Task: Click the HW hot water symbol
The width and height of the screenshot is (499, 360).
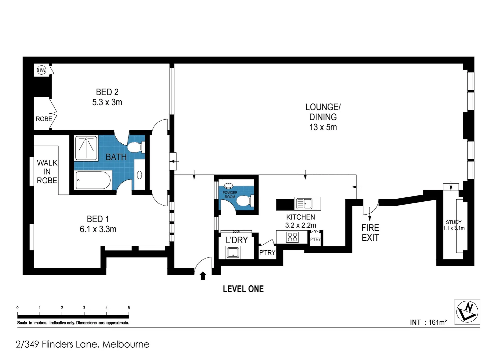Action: pos(41,70)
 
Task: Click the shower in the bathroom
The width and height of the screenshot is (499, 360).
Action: pos(86,148)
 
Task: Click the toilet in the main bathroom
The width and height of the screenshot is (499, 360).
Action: pos(136,147)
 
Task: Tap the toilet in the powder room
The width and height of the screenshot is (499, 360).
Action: pos(245,201)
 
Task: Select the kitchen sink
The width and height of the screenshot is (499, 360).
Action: pos(304,203)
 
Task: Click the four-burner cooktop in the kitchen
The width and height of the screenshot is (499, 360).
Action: pos(292,237)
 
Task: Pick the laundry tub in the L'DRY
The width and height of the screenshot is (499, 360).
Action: pos(233,252)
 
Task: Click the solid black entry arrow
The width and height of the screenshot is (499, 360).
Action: pos(203,276)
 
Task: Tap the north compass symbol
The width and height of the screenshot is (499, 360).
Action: pos(467,311)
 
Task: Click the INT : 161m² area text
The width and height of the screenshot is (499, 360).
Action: pos(428,322)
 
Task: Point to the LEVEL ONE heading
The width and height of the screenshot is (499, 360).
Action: pos(243,289)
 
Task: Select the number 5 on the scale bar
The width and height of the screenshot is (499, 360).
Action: pos(129,308)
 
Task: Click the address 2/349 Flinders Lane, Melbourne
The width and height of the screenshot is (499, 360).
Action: pos(82,344)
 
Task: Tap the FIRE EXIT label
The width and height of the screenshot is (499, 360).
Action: pos(370,233)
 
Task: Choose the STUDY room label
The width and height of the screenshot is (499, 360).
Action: pos(453,222)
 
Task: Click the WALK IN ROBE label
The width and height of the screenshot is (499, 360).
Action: pos(47,172)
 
